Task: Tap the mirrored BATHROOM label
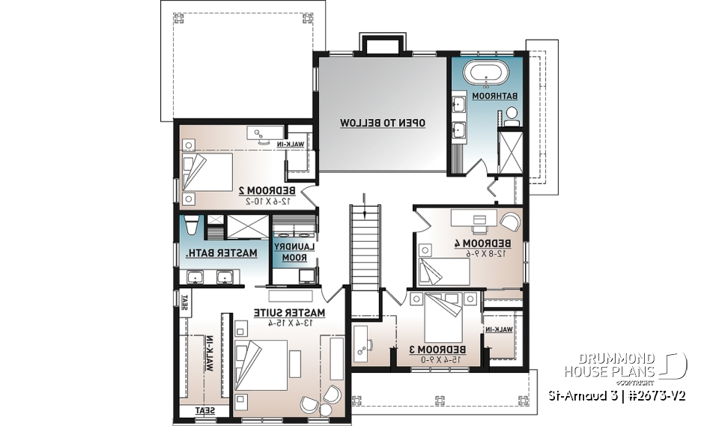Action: [500, 97]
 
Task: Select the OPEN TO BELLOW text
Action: [383, 122]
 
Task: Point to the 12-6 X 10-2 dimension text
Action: [267, 201]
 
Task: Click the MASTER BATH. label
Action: [222, 253]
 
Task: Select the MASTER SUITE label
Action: [288, 311]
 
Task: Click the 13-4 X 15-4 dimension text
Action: [288, 323]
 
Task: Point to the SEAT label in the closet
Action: [204, 410]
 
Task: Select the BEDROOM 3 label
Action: [437, 350]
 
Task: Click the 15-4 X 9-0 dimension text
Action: [437, 360]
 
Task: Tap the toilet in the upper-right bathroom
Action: [512, 115]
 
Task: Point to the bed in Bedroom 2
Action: [209, 171]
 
